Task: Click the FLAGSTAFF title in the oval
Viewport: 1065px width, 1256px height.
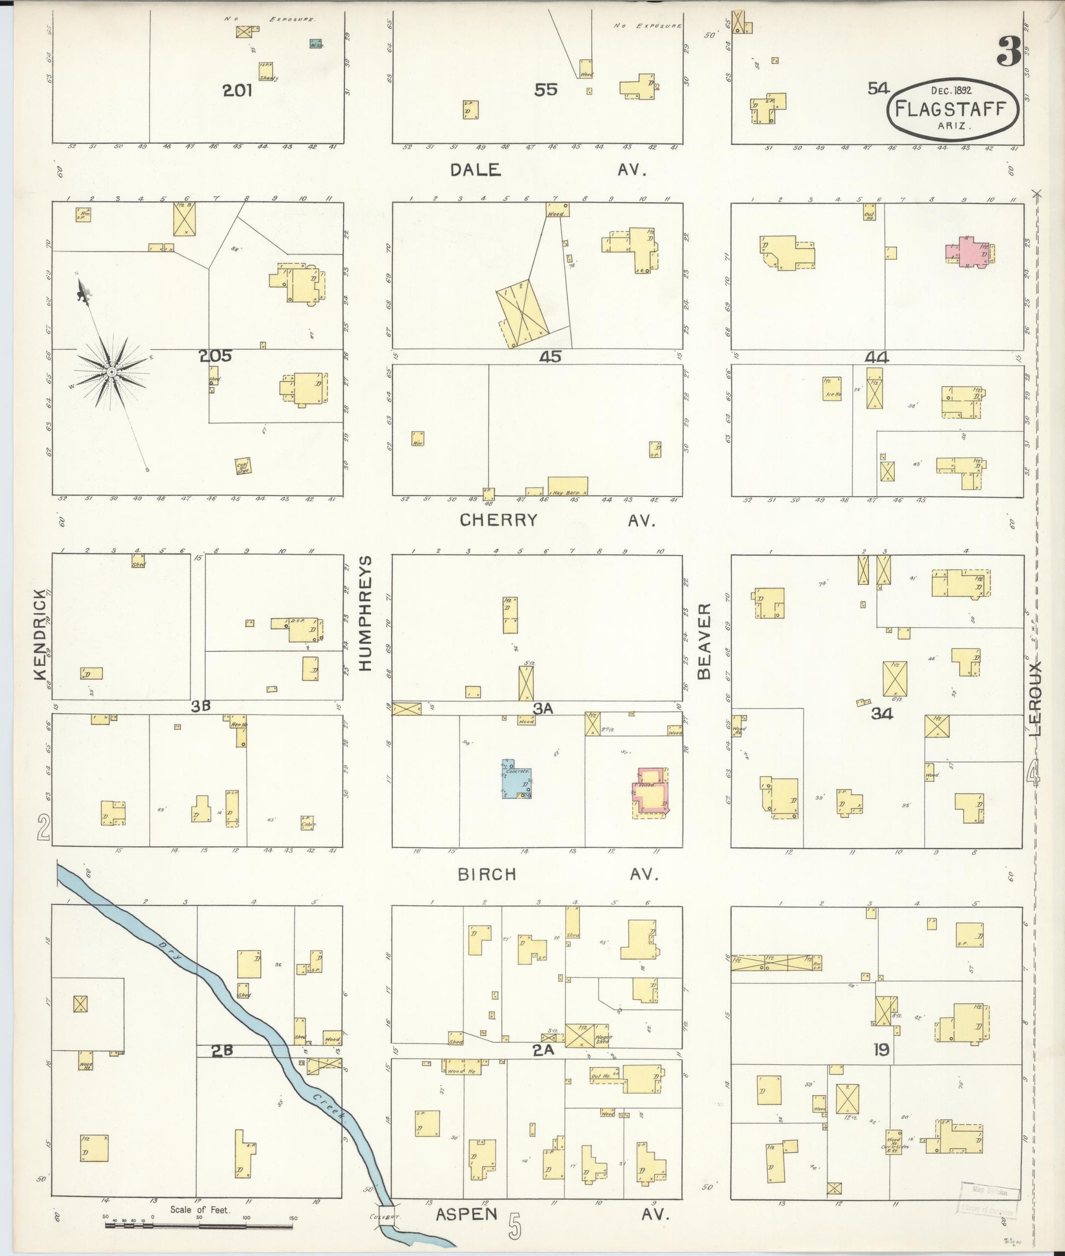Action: (952, 109)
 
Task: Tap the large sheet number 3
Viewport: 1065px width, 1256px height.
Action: (1009, 51)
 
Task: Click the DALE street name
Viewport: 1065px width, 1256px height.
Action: (476, 170)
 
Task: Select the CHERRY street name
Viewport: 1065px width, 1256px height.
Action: (498, 520)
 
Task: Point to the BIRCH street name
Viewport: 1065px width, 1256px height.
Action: (487, 875)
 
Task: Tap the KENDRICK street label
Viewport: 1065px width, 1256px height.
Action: (40, 635)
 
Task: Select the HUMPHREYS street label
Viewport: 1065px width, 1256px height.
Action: (364, 613)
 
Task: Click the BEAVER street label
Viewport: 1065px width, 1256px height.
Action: (704, 641)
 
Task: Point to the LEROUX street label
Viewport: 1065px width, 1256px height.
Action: (1035, 699)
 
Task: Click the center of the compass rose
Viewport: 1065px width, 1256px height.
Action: (112, 373)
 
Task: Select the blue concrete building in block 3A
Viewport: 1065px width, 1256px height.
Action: (517, 779)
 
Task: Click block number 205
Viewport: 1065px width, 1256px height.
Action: (216, 356)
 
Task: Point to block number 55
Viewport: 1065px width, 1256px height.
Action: (545, 90)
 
